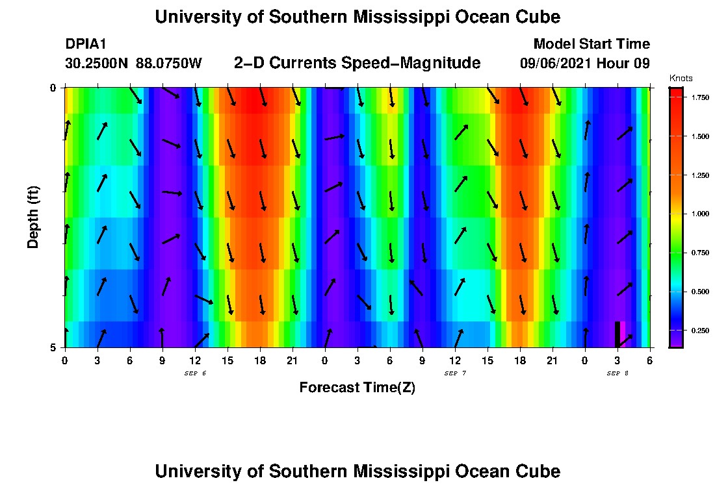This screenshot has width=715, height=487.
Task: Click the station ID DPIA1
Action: (x=86, y=44)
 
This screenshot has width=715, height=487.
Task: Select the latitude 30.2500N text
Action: (x=97, y=64)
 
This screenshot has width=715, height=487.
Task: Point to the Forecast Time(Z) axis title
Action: (x=357, y=388)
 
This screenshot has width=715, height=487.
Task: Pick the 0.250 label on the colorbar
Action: (x=699, y=331)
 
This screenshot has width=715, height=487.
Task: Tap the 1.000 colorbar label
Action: (x=699, y=214)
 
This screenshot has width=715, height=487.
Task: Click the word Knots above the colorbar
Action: (x=681, y=79)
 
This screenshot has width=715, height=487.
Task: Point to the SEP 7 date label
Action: (x=454, y=373)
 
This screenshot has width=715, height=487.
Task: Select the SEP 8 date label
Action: (x=617, y=373)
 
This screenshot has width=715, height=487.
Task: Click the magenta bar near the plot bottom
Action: (x=623, y=334)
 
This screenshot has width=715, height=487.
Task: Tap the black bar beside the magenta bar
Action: (x=617, y=334)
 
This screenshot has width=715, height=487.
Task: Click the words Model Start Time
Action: (x=591, y=44)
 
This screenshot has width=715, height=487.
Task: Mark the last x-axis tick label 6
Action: (x=649, y=360)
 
